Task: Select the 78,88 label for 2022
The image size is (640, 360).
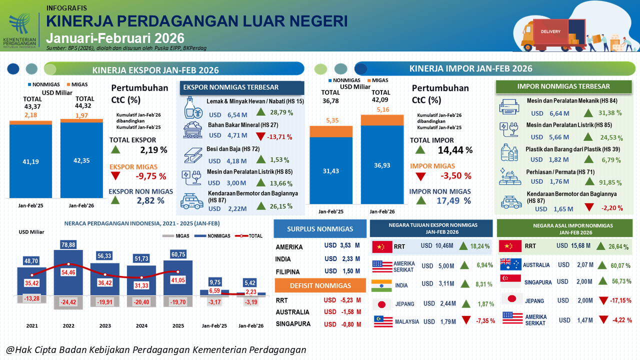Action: coord(68,244)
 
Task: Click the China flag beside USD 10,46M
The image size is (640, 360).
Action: coord(382,246)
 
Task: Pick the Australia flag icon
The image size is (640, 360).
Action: coord(510,264)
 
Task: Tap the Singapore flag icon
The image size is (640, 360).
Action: coord(510,281)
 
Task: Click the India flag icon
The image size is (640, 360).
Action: coord(381,285)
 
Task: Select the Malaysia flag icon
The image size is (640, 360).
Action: coord(381,321)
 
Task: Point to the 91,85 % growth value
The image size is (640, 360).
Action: coord(608,182)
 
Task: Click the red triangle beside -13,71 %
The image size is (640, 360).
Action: coord(260,136)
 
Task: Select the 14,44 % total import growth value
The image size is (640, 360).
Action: coord(454,150)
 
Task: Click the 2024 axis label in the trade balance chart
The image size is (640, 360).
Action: coord(141,325)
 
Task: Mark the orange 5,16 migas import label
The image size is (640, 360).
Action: coord(382,109)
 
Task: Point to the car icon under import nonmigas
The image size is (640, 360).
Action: coord(511,203)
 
